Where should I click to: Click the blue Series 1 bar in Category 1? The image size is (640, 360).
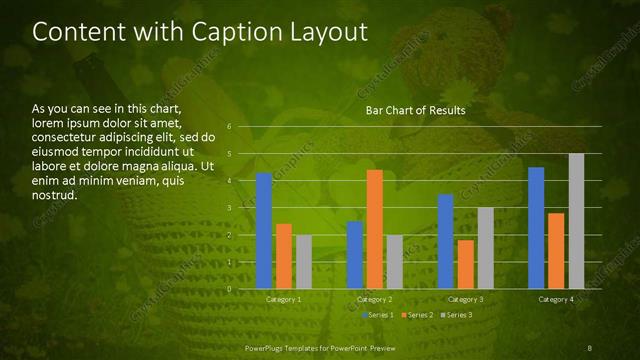264,231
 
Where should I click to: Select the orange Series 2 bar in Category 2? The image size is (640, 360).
374,229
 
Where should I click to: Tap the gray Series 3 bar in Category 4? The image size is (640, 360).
576,221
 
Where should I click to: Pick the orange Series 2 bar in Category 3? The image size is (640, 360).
465,264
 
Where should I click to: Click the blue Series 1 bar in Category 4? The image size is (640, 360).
536,228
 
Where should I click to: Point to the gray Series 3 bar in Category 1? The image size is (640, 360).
304,262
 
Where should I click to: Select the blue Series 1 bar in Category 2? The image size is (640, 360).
355,255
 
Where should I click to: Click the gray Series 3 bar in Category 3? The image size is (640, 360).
485,248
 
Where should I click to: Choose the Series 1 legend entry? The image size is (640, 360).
378,315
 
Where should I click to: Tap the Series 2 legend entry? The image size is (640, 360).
417,315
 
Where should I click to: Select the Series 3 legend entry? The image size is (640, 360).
456,315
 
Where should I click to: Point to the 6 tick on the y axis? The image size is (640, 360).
230,127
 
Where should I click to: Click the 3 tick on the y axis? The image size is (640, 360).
230,208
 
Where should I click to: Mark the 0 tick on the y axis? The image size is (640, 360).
230,289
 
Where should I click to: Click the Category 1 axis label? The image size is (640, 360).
284,299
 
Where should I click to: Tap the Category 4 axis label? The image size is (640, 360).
556,299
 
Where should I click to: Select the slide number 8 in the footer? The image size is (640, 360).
590,347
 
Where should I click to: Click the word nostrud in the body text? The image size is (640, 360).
55,194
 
